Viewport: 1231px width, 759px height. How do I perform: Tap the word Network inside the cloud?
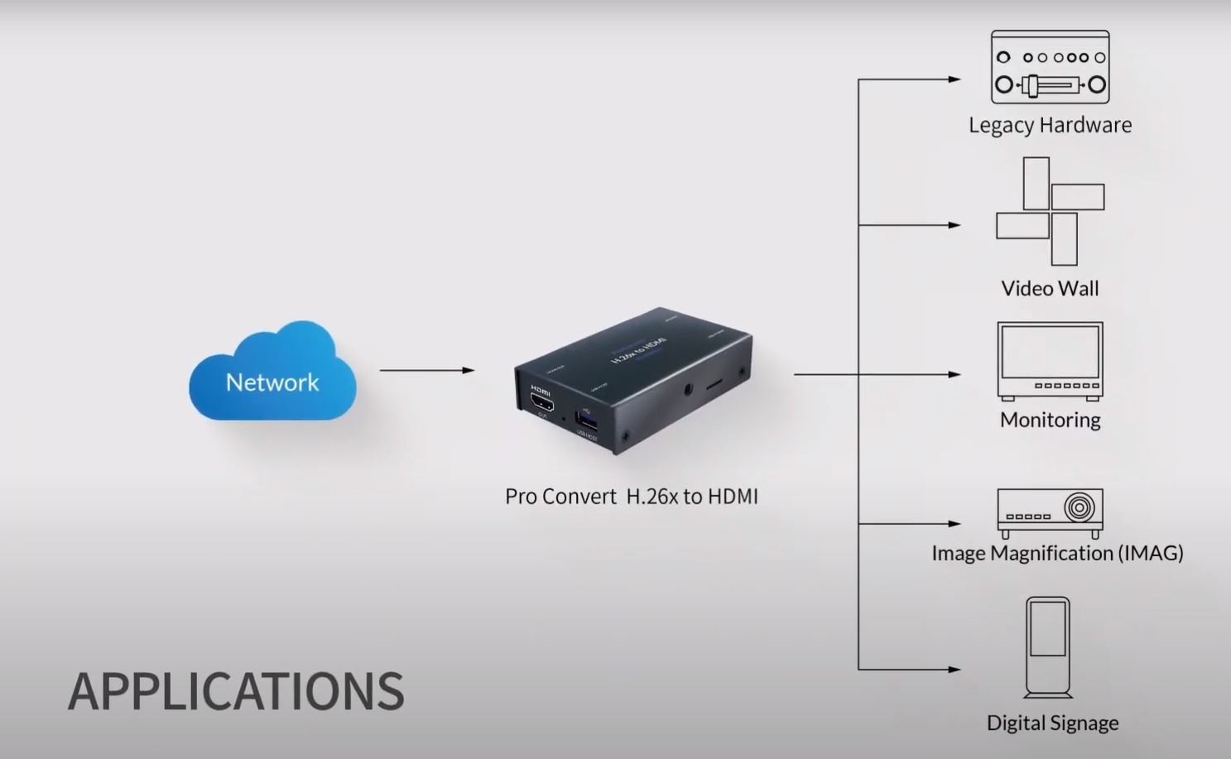(x=272, y=382)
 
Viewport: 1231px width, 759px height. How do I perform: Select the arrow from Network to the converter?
(x=426, y=370)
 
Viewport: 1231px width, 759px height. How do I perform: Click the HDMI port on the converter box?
(x=542, y=403)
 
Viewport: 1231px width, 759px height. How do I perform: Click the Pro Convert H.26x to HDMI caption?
(x=631, y=497)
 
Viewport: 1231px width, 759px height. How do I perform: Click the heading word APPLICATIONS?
(x=236, y=692)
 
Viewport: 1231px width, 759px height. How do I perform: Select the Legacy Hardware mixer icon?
(x=1050, y=67)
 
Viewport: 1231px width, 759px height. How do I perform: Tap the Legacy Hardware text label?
(x=1050, y=125)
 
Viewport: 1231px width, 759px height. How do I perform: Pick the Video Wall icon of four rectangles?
(x=1050, y=211)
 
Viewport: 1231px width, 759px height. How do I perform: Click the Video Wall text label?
(x=1050, y=289)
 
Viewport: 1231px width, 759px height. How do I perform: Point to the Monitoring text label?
(x=1050, y=420)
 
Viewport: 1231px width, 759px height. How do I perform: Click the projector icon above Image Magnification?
(x=1050, y=512)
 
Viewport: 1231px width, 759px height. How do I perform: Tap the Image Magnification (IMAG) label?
(x=1057, y=553)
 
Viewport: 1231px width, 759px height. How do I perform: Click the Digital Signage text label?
(x=1052, y=723)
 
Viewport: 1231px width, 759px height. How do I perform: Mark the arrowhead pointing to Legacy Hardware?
(x=955, y=79)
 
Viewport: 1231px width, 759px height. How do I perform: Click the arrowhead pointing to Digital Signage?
(x=955, y=669)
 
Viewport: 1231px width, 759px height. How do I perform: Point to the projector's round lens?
(x=1079, y=507)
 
